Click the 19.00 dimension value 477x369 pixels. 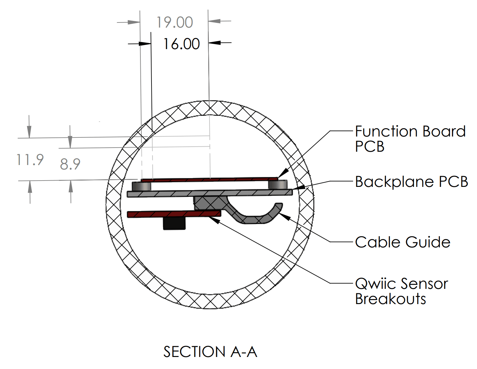[175, 22]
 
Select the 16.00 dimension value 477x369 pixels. [181, 44]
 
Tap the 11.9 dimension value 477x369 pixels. [30, 160]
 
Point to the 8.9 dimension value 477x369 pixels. [70, 164]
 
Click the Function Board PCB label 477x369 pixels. [410, 139]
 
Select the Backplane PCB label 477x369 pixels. [411, 182]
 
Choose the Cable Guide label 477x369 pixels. [403, 242]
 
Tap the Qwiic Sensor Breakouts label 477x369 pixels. [401, 291]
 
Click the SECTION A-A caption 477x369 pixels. [210, 352]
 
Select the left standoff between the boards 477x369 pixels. [141, 186]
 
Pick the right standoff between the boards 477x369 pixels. [278, 185]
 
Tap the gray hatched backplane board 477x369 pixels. [209, 193]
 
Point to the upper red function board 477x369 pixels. [209, 180]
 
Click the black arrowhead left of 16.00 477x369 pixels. [145, 44]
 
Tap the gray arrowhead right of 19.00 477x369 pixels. [215, 21]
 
